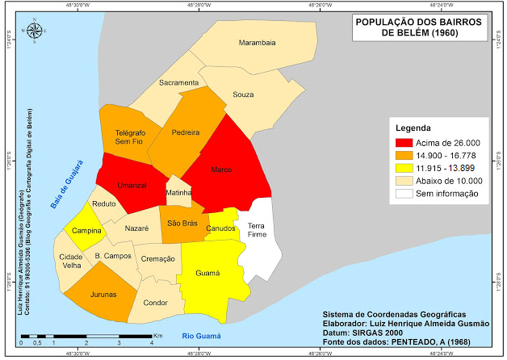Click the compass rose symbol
coord(36,31)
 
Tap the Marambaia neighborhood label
coord(258,42)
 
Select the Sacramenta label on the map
coord(178,82)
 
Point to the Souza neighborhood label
coord(243,94)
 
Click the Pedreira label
coord(186,132)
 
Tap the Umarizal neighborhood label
coord(132,185)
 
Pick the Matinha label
coord(178,193)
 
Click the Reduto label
coord(104,205)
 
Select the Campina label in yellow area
coord(86,231)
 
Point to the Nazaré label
coord(137,229)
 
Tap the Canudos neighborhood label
coord(221,228)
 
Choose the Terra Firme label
coord(257,229)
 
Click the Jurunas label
coord(103,294)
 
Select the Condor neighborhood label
coord(155,303)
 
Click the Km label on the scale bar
coord(157,333)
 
